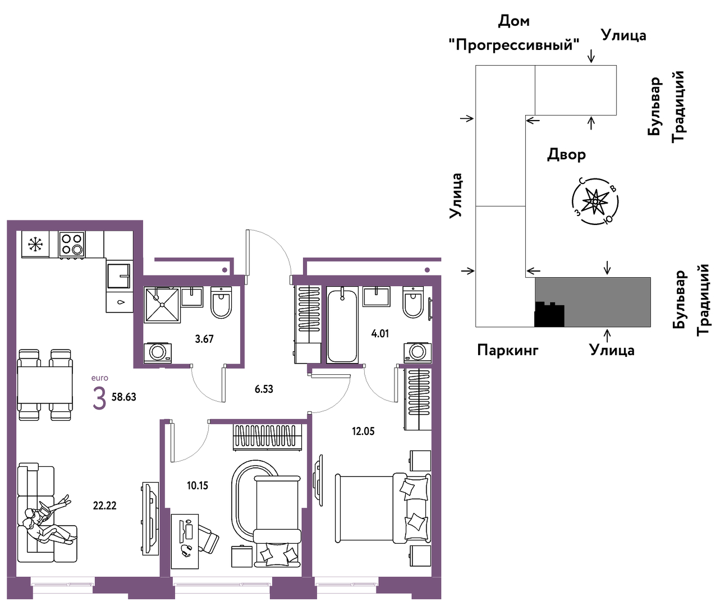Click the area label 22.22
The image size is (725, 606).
(104, 506)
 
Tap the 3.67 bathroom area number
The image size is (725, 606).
(204, 339)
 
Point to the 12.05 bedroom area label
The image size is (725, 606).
(363, 431)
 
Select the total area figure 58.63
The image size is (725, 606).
(123, 397)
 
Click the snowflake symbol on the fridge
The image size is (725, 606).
(35, 245)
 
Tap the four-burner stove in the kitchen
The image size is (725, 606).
(72, 245)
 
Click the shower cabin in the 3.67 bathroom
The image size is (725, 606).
(162, 305)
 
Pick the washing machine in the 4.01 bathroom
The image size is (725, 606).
(417, 353)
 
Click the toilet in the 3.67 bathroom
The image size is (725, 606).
(221, 302)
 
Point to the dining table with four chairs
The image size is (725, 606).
(45, 385)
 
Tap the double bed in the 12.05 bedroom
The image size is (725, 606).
(383, 508)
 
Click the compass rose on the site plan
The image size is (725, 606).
(595, 201)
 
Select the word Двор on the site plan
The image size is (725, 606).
(566, 154)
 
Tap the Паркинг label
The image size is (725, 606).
(508, 350)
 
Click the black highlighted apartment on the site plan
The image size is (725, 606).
(549, 315)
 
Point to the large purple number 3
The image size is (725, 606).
(99, 399)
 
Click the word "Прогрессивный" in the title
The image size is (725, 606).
(514, 45)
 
